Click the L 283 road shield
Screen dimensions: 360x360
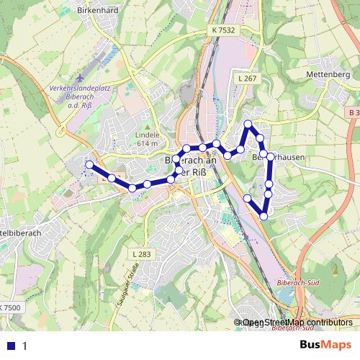click(x=142, y=254)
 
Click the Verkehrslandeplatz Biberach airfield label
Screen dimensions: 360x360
click(x=81, y=94)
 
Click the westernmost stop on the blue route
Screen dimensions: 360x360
click(x=89, y=165)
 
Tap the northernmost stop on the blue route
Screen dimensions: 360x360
click(x=248, y=125)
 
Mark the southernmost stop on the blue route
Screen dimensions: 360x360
click(x=264, y=216)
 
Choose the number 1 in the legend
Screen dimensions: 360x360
click(x=24, y=346)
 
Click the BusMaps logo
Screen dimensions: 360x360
click(x=327, y=345)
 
